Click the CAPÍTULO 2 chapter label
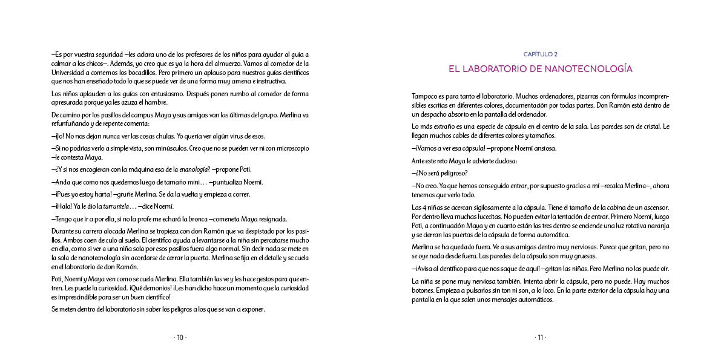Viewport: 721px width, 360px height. (540, 54)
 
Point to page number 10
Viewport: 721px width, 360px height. (180, 338)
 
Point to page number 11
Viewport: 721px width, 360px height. (540, 338)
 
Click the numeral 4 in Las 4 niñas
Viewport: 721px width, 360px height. (424, 207)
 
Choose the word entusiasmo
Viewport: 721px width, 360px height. (166, 94)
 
